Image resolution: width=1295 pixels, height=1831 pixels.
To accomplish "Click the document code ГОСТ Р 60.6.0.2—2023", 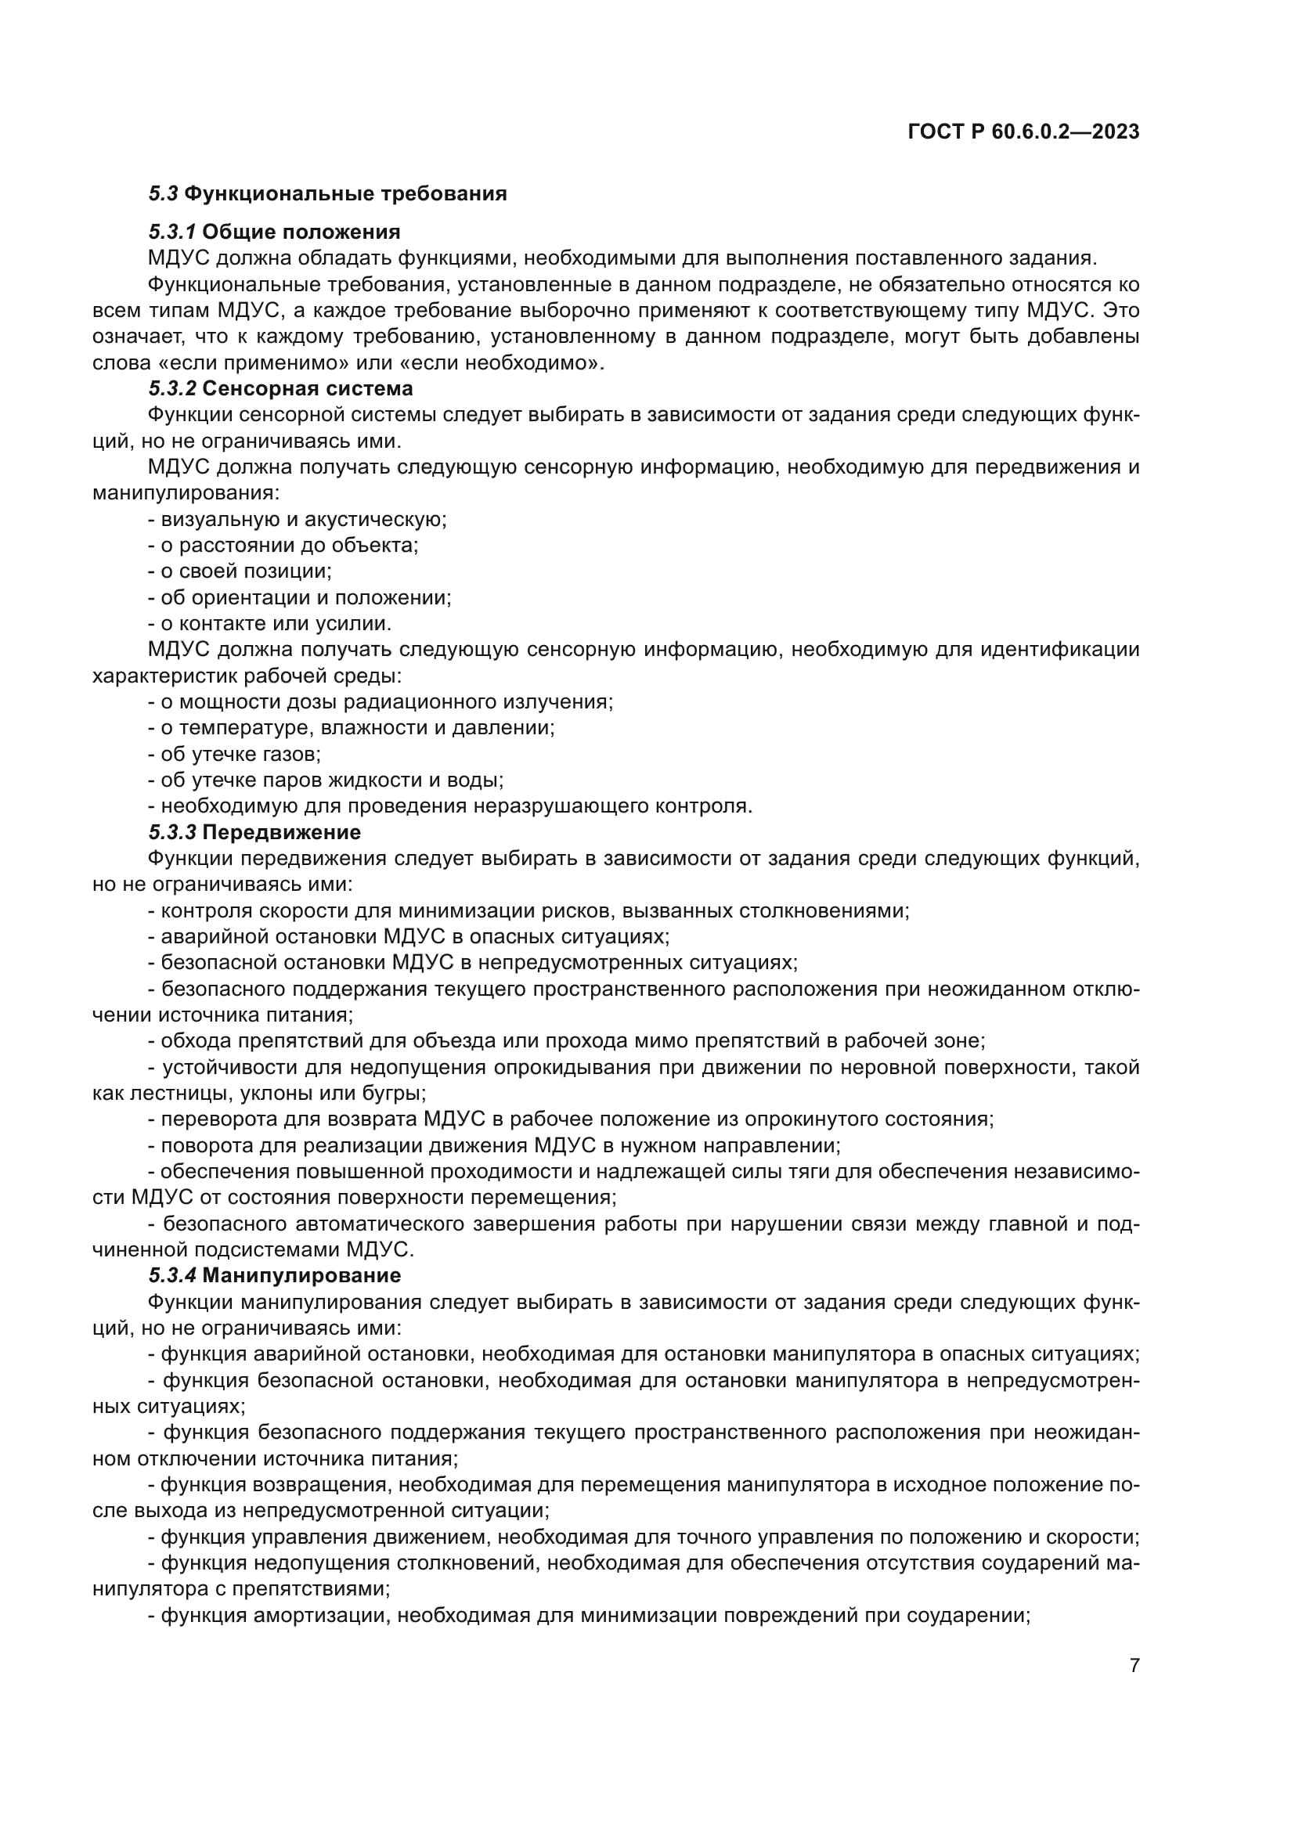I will click(x=1023, y=132).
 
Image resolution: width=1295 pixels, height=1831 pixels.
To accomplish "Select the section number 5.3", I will click(x=163, y=194).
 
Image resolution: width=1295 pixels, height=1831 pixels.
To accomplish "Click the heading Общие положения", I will click(x=301, y=232).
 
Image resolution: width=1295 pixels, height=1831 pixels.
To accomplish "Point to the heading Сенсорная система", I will click(x=307, y=388).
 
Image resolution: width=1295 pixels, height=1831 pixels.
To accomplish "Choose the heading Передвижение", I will click(x=281, y=832).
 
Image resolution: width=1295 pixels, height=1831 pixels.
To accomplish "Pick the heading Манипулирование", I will click(x=301, y=1275).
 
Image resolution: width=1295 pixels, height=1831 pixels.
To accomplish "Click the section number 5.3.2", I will click(x=171, y=388).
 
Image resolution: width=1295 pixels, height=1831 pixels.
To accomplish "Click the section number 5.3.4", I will click(x=171, y=1275).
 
